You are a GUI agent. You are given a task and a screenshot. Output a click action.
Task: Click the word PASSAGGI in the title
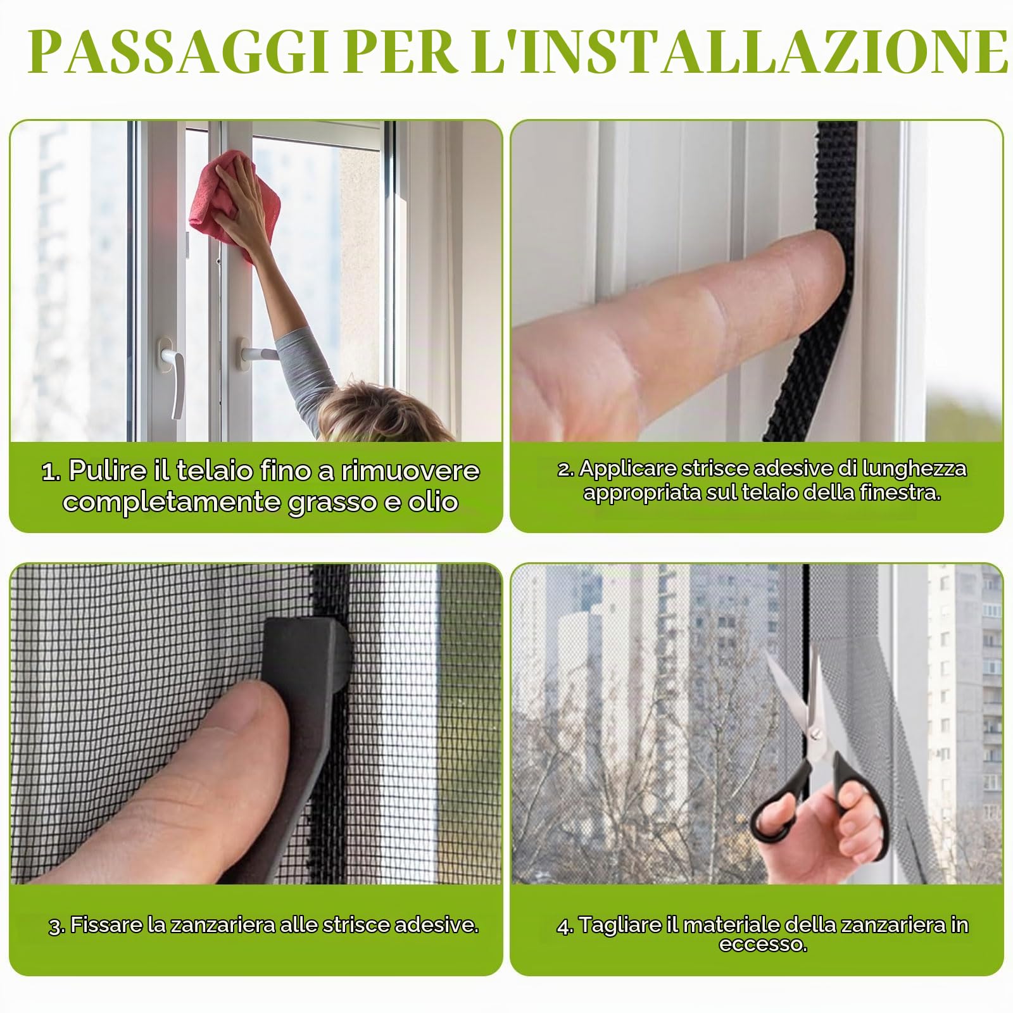click(177, 51)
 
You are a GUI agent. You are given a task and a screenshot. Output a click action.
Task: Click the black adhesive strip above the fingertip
click(836, 177)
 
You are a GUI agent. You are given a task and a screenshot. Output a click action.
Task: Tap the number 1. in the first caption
click(52, 471)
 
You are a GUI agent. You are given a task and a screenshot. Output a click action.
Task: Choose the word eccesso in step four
click(763, 945)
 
